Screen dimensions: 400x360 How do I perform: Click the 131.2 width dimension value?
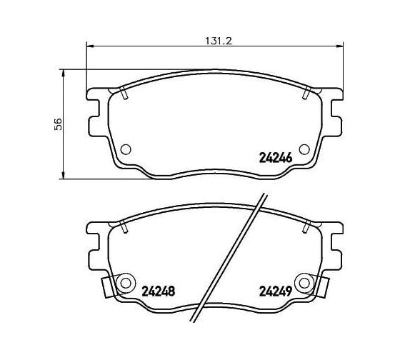coord(219,41)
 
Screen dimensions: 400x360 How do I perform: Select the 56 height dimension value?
coord(58,124)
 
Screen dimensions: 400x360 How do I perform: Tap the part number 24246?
coord(276,158)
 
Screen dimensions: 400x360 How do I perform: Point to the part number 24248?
coord(158,291)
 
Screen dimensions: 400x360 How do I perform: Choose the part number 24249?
coord(276,291)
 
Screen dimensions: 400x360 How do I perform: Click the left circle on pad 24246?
coord(126,149)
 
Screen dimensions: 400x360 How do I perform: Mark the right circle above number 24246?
coord(304,149)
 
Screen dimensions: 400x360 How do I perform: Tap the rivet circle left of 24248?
coord(126,283)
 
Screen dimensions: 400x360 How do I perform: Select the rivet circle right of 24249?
coord(304,283)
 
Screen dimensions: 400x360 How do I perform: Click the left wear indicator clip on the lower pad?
coord(107,287)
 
